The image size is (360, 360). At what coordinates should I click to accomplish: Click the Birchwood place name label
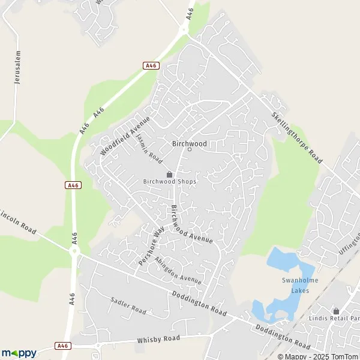[189, 143]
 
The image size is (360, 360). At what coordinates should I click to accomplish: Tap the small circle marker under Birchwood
[190, 149]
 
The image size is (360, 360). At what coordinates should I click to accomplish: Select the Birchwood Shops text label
[170, 181]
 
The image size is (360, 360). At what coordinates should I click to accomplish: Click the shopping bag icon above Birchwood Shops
[170, 174]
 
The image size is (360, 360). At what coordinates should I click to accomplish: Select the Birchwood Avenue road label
[191, 224]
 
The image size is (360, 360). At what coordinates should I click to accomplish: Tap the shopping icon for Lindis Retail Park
[336, 311]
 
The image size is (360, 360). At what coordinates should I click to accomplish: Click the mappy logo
[19, 353]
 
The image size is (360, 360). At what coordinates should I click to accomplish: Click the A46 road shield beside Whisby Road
[62, 346]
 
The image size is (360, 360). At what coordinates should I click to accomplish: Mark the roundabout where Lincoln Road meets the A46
[75, 252]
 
